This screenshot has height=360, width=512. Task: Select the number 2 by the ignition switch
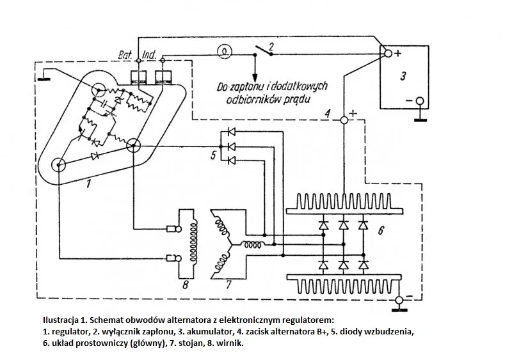tap(271, 46)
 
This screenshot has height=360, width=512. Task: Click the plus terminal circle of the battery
tap(386, 54)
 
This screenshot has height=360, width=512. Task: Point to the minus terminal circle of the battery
tap(420, 101)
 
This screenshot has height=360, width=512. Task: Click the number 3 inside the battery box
tap(403, 77)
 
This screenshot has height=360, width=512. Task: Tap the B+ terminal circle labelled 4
tap(344, 120)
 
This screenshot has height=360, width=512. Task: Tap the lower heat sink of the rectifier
tap(344, 282)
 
